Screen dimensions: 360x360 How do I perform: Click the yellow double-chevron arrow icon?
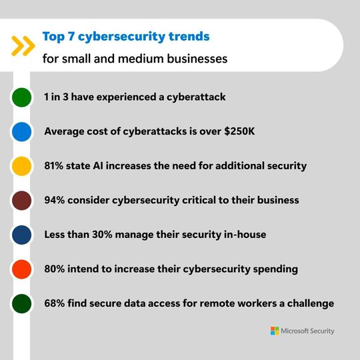(23, 45)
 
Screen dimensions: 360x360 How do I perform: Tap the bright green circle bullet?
(22, 97)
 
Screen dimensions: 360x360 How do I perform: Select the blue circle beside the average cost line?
(22, 131)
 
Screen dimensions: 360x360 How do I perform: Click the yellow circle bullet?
(22, 166)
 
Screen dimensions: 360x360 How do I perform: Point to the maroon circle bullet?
(22, 200)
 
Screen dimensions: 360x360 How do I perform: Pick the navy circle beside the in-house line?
(22, 235)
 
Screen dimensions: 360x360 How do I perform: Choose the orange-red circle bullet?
(22, 269)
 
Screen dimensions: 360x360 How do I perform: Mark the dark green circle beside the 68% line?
(22, 304)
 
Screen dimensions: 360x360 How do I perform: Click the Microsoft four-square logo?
(275, 331)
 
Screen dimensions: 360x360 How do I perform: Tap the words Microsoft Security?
(308, 331)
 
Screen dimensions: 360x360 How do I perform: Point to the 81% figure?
(55, 166)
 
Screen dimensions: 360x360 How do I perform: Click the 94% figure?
(55, 200)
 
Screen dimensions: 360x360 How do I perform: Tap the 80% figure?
(55, 269)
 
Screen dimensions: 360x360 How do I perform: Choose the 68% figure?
(55, 304)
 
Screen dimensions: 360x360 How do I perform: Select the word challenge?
(307, 304)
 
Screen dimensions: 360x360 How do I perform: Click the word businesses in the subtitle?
(195, 59)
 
